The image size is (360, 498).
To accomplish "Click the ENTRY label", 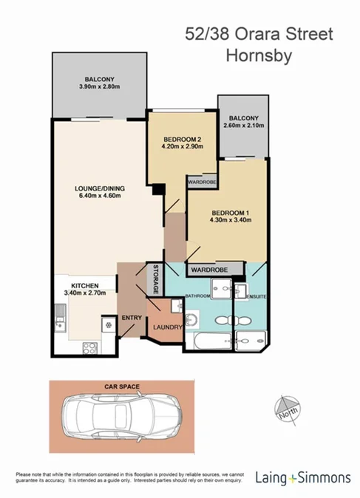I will point(132,318).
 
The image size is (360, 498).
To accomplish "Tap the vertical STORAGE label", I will point(155,279).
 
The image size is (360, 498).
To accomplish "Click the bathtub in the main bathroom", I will point(212,341).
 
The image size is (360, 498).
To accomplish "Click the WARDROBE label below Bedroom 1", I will point(215,269).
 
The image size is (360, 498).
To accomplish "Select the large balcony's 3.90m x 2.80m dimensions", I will point(98,87).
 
